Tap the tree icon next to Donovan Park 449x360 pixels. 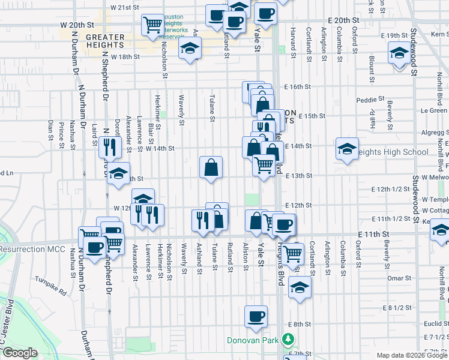point(289,340)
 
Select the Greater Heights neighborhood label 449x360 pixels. point(105,41)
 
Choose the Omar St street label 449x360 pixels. point(399,278)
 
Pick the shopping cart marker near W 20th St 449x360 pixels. point(152,25)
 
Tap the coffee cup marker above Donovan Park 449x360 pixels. point(256,316)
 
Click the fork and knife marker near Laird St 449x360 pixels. point(109,146)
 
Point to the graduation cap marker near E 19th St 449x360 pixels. point(399,53)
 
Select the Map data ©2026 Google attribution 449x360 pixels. point(412,355)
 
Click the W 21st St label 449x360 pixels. point(125,8)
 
